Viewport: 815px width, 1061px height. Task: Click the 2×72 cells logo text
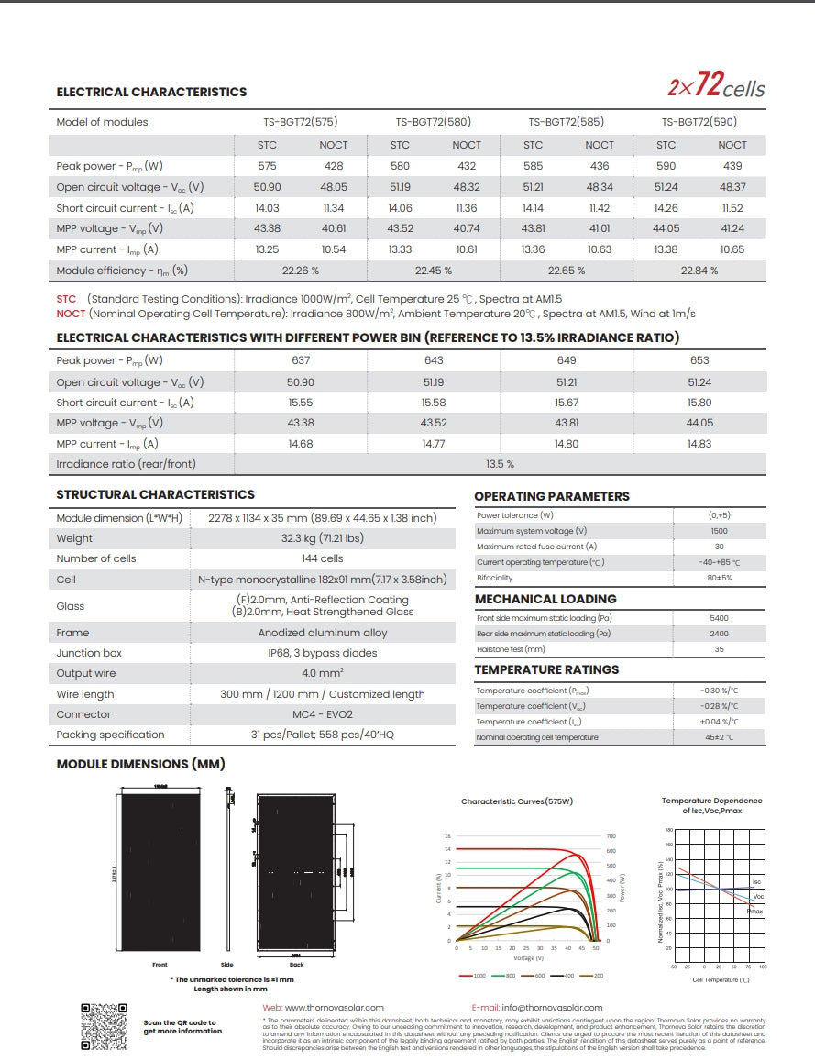[x=716, y=87]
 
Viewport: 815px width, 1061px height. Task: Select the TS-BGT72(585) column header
[x=566, y=122]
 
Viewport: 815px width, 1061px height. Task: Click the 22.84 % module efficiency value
[x=699, y=271]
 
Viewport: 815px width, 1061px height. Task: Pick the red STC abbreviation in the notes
[x=66, y=299]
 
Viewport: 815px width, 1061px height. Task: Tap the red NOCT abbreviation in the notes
[x=71, y=314]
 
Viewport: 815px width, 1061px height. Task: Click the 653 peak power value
[x=699, y=360]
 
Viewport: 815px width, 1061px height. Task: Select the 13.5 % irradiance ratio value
[x=499, y=464]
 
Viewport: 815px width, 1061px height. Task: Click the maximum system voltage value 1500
[x=719, y=531]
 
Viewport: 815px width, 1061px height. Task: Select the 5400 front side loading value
[x=719, y=618]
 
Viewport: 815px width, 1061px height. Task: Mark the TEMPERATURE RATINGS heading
[x=546, y=669]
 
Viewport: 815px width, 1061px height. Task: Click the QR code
[x=104, y=1027]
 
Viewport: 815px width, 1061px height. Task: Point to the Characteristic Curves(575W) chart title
[x=517, y=801]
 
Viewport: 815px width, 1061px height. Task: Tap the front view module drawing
[x=160, y=872]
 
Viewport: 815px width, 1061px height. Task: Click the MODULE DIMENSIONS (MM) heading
[x=140, y=764]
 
